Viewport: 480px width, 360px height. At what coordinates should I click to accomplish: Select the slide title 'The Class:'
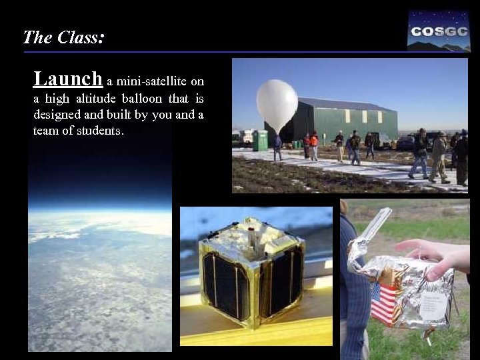click(x=63, y=37)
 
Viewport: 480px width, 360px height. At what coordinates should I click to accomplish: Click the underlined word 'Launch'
click(x=68, y=79)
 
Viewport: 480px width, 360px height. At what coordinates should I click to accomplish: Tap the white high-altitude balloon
click(x=277, y=103)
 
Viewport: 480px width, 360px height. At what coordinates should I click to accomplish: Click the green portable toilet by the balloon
click(x=260, y=141)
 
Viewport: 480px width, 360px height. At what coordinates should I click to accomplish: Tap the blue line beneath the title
click(x=213, y=52)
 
